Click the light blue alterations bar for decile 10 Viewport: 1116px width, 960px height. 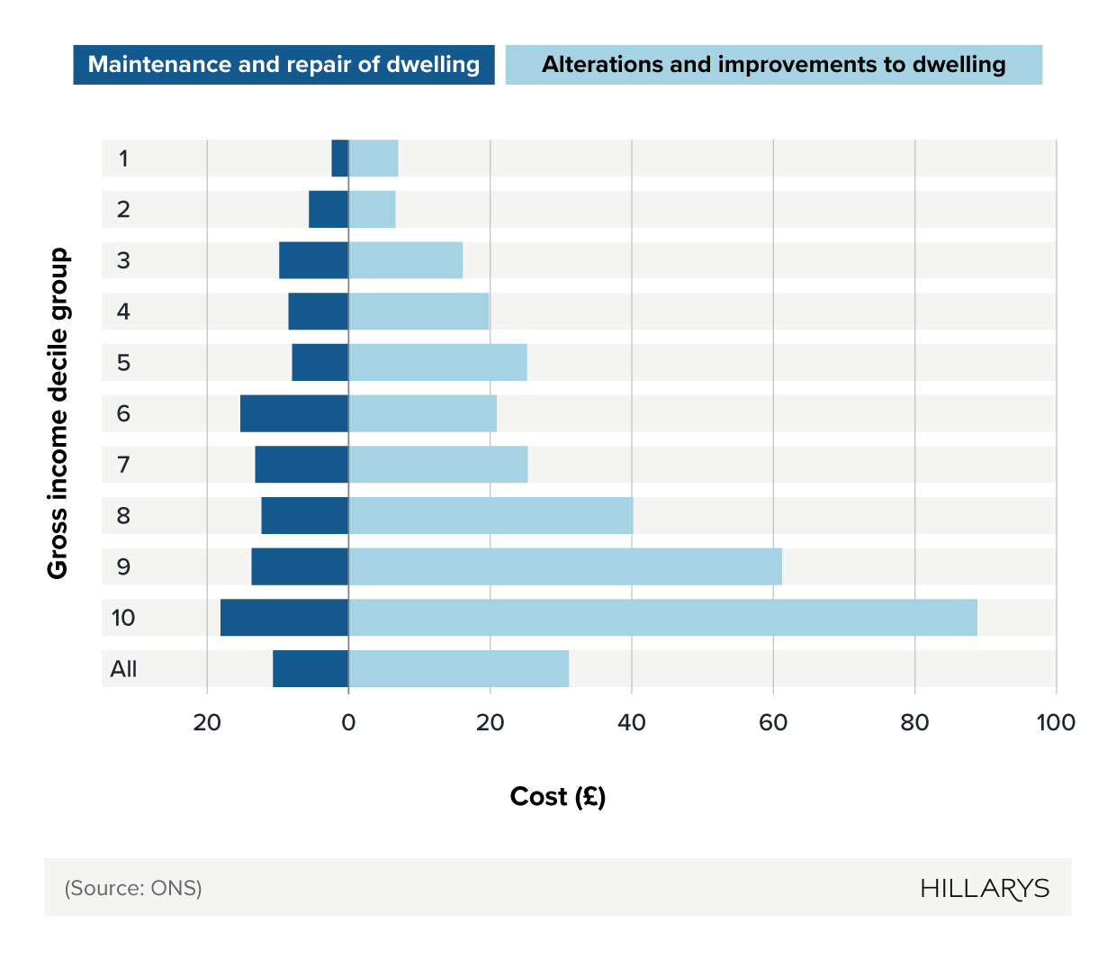[x=662, y=618]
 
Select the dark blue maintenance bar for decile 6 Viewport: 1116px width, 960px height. [x=294, y=413]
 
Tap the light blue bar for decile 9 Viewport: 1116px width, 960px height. [x=565, y=566]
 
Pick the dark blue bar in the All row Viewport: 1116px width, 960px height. [x=310, y=669]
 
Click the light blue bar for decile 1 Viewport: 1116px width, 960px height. [x=373, y=158]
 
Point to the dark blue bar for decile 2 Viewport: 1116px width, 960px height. [x=328, y=209]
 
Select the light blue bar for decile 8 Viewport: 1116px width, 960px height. [x=490, y=516]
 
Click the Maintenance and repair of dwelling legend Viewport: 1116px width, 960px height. [x=283, y=65]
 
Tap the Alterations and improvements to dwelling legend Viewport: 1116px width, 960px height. [x=773, y=65]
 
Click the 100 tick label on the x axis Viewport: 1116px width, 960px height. [x=1056, y=722]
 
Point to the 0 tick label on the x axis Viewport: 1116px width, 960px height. [x=348, y=722]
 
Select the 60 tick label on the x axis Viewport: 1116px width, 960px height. [x=773, y=722]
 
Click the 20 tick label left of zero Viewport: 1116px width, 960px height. [x=207, y=722]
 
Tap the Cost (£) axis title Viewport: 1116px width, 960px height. [x=558, y=797]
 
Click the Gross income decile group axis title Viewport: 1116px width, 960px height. [x=58, y=413]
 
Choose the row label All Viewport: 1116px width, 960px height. [x=123, y=669]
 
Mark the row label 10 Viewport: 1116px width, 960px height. [x=123, y=618]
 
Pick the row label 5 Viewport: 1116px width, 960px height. [x=123, y=363]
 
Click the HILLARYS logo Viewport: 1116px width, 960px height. [x=985, y=889]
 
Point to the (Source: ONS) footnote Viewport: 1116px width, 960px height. [x=133, y=889]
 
